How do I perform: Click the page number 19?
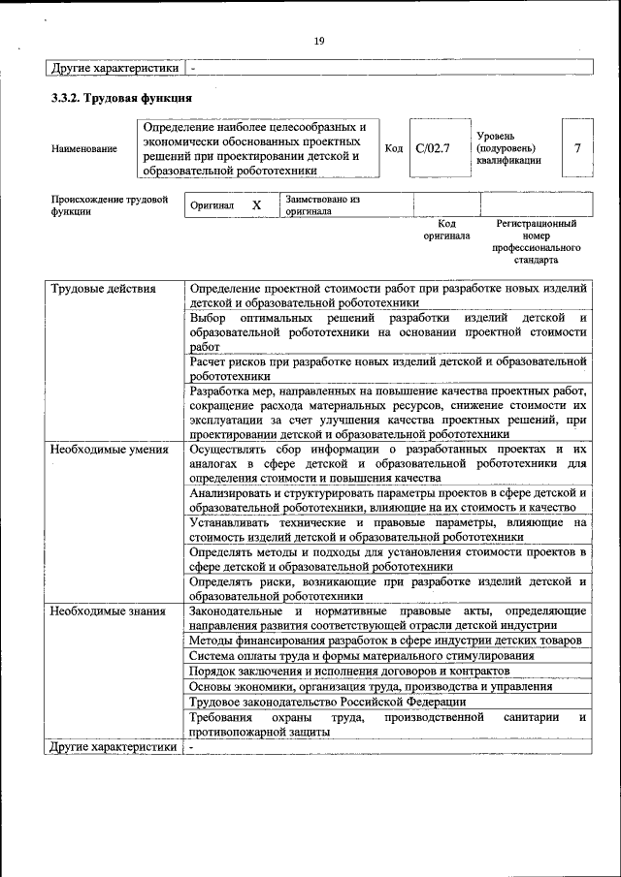coord(318,40)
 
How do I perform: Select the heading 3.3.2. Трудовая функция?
coord(121,99)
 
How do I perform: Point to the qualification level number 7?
coord(577,148)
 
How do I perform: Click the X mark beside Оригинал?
coord(256,205)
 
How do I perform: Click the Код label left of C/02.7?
coord(394,148)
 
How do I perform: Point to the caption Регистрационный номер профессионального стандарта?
coord(536,241)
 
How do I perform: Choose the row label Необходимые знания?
coord(105,611)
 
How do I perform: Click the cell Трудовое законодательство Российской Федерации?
coord(328,701)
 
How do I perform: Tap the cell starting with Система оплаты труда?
coord(361,655)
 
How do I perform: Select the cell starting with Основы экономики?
coord(371,685)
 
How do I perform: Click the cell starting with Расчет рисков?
coord(388,368)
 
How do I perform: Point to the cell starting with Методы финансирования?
coord(385,641)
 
